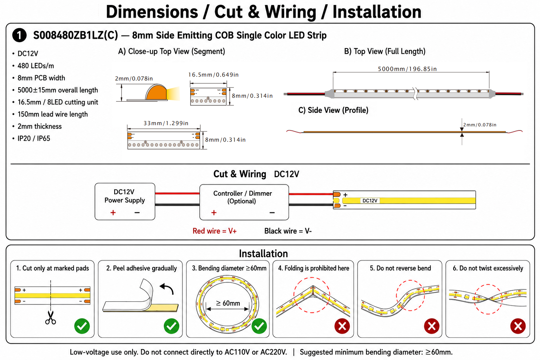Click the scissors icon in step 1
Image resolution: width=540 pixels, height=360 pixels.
coord(50,317)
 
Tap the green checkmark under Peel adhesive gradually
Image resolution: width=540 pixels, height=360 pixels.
coord(172,326)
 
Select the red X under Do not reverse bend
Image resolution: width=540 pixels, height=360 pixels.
coord(431,326)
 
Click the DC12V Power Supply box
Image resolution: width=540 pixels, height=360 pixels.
coord(125,201)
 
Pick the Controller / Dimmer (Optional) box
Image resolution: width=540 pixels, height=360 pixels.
coord(244,202)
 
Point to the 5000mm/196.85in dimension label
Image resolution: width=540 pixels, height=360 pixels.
coord(407,69)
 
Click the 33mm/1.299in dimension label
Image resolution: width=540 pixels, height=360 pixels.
coord(166,123)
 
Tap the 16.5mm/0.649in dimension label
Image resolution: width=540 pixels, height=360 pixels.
coord(213,75)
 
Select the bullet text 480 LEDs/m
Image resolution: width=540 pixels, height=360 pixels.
coord(36,66)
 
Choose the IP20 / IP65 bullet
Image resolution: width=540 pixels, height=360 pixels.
coord(34,139)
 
